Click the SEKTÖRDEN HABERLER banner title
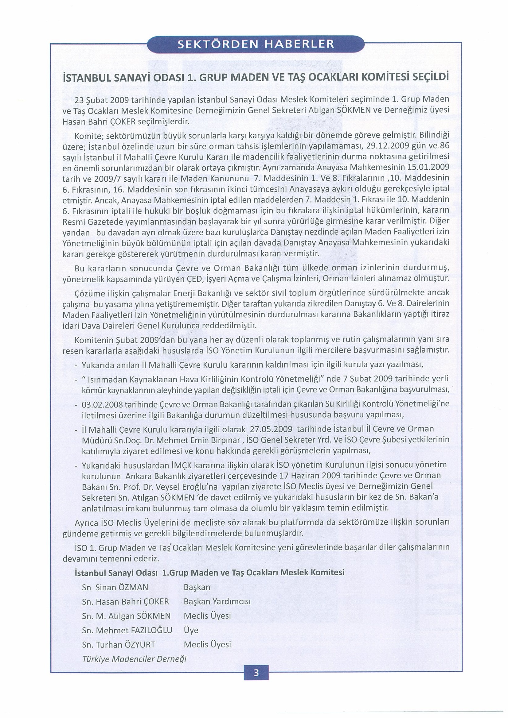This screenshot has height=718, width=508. point(256,44)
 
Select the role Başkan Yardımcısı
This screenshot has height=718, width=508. point(217,602)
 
